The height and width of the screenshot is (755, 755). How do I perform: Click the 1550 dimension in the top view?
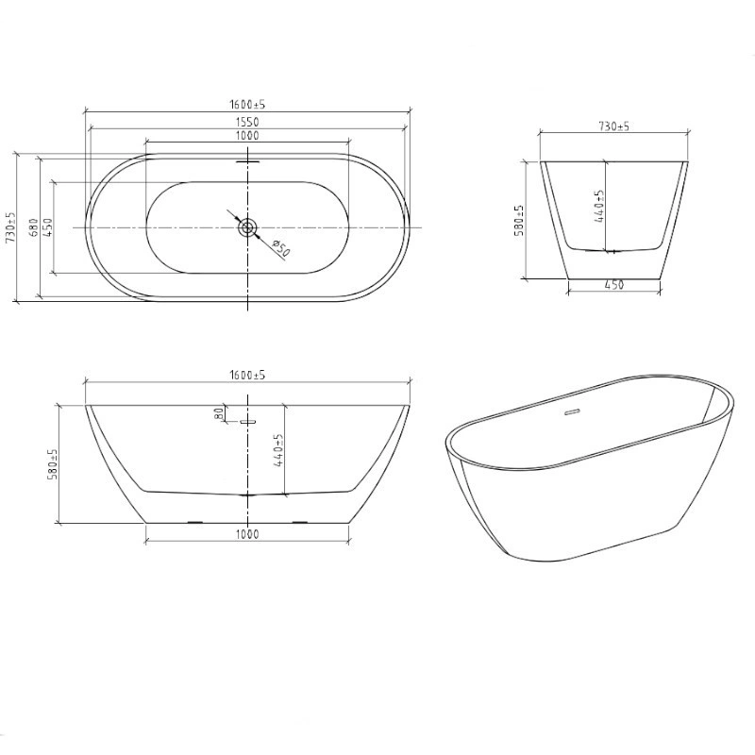pos(247,123)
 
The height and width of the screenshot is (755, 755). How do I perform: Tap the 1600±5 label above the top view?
pos(247,105)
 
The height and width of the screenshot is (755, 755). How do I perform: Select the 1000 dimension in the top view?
pos(247,136)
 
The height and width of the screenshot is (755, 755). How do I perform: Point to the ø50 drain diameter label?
pos(280,248)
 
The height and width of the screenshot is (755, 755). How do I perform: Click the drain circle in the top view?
pos(247,227)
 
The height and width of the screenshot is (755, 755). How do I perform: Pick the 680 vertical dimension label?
pos(33,227)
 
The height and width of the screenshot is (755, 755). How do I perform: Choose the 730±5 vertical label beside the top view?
pos(10,227)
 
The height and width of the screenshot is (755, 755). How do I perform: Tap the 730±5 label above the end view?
pos(614,126)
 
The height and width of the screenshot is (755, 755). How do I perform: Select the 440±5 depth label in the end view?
pos(599,206)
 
